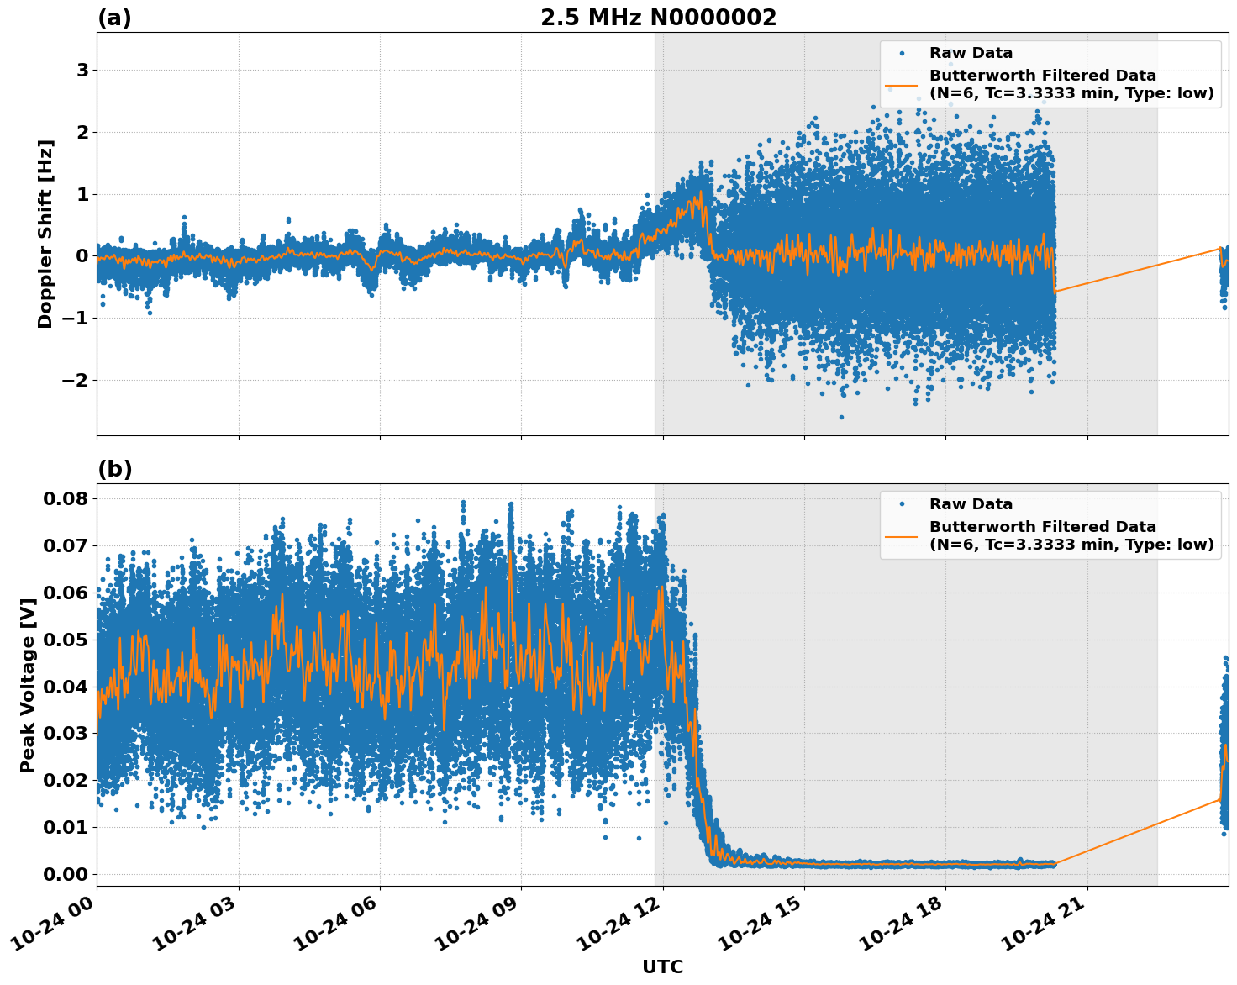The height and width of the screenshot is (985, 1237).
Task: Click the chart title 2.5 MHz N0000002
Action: [x=658, y=18]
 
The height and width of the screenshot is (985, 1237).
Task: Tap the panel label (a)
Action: [x=114, y=18]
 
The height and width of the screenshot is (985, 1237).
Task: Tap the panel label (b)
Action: [x=115, y=469]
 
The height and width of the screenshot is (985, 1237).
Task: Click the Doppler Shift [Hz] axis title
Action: [x=45, y=234]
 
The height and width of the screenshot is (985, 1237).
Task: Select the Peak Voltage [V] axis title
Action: [x=28, y=685]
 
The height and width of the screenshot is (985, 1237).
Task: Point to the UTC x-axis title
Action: [x=662, y=967]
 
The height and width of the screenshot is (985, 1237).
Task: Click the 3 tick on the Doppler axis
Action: [x=82, y=70]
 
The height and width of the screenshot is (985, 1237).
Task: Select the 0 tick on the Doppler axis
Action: [x=82, y=256]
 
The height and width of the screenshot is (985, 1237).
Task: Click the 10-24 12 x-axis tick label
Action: [x=623, y=925]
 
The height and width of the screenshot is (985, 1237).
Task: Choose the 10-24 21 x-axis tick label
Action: [x=1047, y=925]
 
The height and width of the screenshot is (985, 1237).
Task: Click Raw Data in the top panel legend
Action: [x=971, y=53]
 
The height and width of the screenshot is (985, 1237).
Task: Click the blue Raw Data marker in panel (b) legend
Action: [x=902, y=504]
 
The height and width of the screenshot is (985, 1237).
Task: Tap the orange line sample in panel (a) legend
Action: [x=902, y=84]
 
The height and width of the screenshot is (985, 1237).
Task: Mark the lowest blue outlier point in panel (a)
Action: [x=841, y=417]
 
